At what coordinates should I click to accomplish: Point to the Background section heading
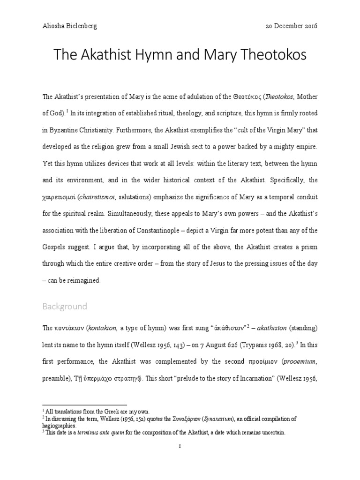[x=65, y=307]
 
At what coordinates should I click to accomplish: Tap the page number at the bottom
[x=180, y=447]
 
